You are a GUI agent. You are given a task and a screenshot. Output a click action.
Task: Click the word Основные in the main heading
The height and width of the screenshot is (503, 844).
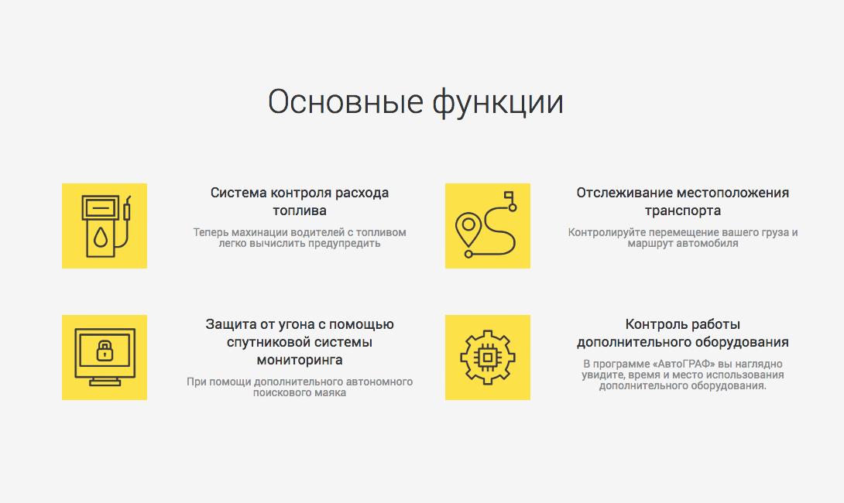pos(345,101)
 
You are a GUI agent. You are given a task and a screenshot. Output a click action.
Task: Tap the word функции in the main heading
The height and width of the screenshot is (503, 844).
pos(498,102)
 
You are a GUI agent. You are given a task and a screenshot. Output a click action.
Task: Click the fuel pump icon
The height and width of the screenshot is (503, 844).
pos(106,226)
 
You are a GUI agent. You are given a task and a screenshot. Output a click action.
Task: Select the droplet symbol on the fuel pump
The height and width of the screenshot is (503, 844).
pos(101,237)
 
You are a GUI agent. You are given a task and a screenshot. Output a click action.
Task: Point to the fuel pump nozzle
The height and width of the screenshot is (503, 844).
pos(127,208)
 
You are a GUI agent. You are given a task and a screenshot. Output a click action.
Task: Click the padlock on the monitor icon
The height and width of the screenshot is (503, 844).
pos(105,351)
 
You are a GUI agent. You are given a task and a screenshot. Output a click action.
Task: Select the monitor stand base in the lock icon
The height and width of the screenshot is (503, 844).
pos(105,383)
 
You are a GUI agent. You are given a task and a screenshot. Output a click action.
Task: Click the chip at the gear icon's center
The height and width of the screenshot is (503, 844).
pos(488,358)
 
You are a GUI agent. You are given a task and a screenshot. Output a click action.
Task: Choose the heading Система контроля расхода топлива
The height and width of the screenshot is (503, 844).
pos(300,201)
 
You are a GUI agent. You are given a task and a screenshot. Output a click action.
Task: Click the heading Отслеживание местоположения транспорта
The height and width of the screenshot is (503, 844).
pos(682,201)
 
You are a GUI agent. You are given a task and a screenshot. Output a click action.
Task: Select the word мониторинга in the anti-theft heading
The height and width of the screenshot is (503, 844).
pos(300,360)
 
